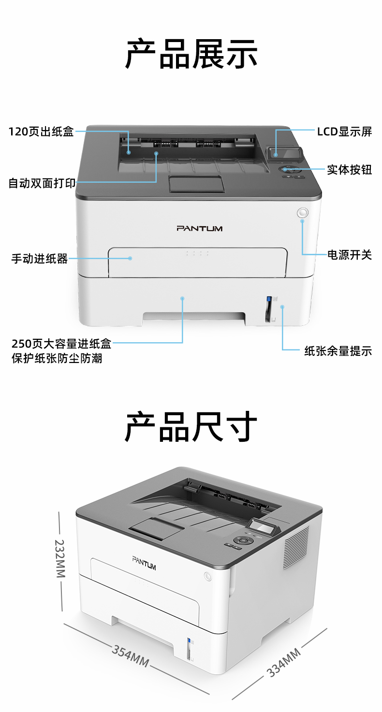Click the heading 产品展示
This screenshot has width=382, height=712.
pyautogui.click(x=191, y=54)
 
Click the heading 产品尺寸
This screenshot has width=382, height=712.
pyautogui.click(x=191, y=426)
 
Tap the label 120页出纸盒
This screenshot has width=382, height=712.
pyautogui.click(x=41, y=131)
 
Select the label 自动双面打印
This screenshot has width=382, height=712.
pyautogui.click(x=42, y=183)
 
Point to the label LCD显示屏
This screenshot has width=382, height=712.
pyautogui.click(x=344, y=131)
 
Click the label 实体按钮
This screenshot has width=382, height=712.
pyautogui.click(x=350, y=169)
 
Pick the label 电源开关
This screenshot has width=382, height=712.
pyautogui.click(x=350, y=255)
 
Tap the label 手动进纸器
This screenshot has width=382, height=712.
pyautogui.click(x=40, y=259)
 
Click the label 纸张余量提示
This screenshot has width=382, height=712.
pyautogui.click(x=338, y=351)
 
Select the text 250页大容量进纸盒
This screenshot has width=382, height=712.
pyautogui.click(x=61, y=344)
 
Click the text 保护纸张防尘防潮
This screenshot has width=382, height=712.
pyautogui.click(x=57, y=358)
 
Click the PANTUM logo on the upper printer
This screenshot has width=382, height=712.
pyautogui.click(x=199, y=228)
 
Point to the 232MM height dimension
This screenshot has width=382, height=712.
pyautogui.click(x=60, y=558)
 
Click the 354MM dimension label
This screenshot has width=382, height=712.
pyautogui.click(x=131, y=656)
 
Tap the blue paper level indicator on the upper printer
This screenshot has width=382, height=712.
pyautogui.click(x=268, y=299)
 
